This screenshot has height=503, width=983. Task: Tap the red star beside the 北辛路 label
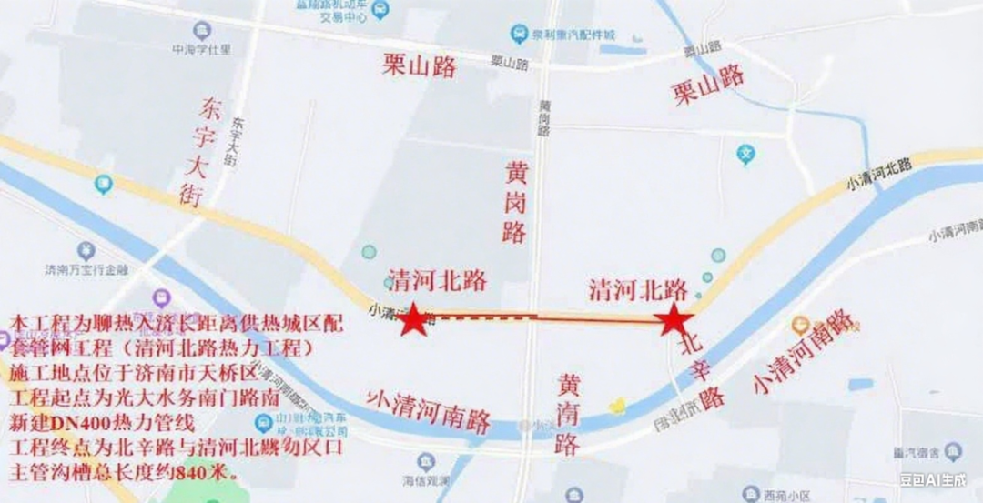pos(674,319)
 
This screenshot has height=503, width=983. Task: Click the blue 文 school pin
pos(746,153)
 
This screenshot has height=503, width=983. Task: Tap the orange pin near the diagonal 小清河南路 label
pos(801,325)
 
